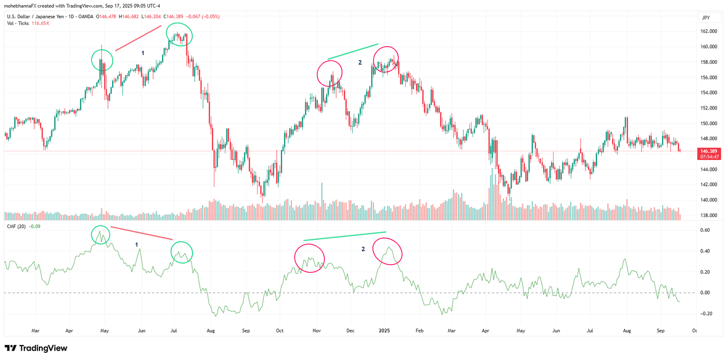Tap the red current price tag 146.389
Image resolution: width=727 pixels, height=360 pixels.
point(709,151)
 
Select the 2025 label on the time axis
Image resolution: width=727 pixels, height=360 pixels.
point(384,330)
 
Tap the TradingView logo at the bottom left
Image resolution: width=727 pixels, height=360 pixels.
point(36,348)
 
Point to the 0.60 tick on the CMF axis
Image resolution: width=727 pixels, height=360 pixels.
point(705,230)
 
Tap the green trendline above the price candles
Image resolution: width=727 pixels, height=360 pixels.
point(353,51)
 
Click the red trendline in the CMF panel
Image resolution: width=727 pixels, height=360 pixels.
point(141,233)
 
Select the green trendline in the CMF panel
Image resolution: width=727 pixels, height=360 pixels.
point(345,236)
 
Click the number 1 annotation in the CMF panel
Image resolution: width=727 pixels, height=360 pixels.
point(137,244)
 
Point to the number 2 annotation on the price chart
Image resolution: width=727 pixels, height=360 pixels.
point(359,62)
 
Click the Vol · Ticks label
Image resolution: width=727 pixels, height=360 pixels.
point(18,23)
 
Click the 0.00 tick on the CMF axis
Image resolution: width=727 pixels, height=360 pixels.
point(705,293)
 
